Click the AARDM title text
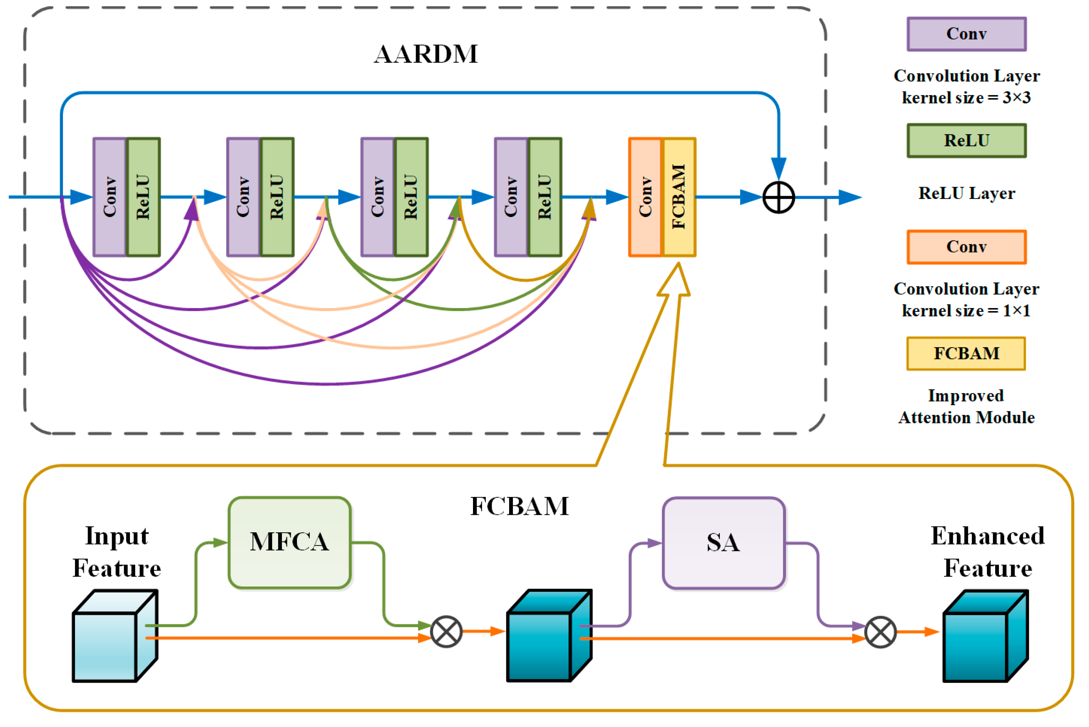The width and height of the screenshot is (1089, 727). click(x=426, y=54)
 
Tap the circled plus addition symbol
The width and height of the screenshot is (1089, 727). click(x=779, y=197)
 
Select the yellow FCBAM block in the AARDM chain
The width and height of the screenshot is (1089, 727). click(x=679, y=197)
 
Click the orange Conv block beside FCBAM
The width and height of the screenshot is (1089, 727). click(x=645, y=197)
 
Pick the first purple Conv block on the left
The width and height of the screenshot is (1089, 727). click(x=110, y=197)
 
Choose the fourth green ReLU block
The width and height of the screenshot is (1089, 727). click(x=545, y=197)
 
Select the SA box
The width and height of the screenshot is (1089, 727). click(x=723, y=543)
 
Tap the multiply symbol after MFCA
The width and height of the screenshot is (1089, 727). click(x=447, y=632)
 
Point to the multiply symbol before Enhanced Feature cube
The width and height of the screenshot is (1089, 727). click(x=881, y=632)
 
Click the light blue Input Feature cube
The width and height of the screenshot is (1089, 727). click(x=111, y=640)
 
